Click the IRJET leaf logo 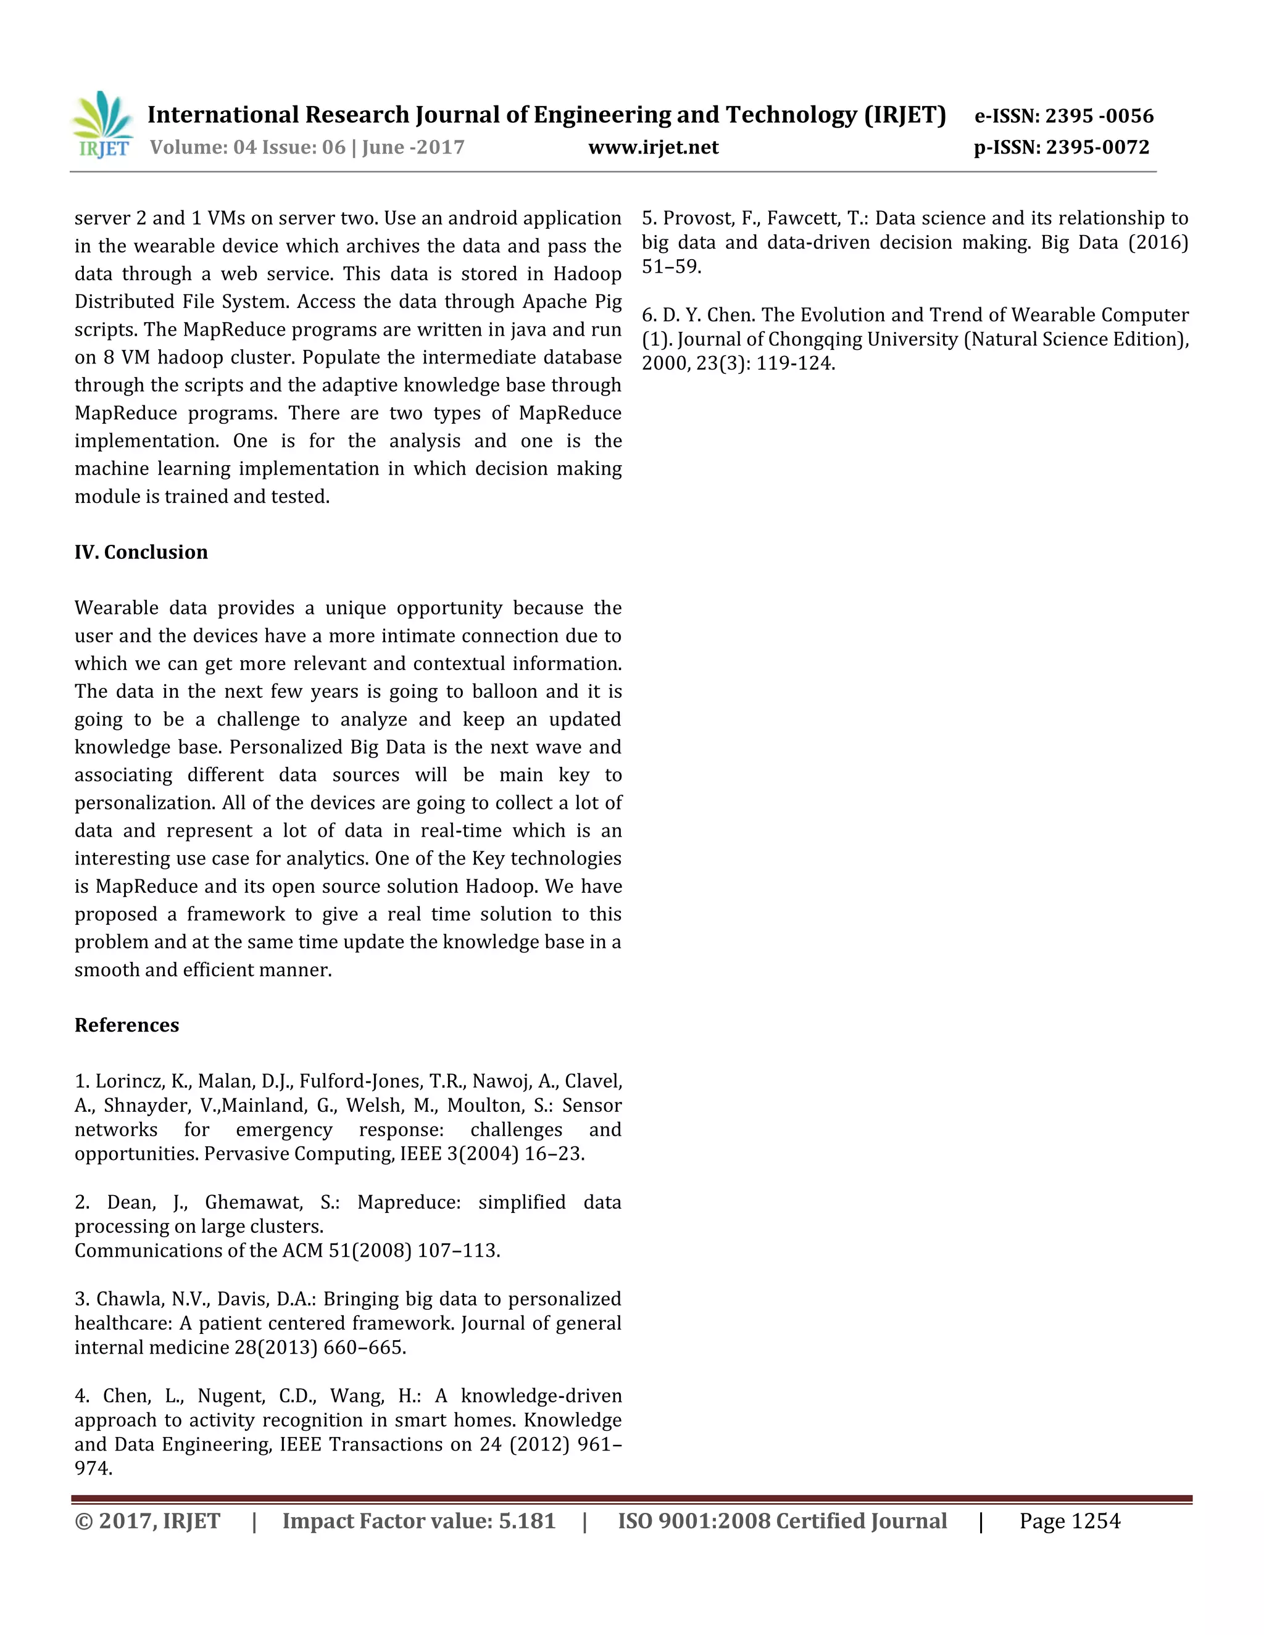coord(102,124)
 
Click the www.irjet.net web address coord(653,147)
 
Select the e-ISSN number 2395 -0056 coord(1099,116)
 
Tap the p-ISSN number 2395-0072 coord(1097,147)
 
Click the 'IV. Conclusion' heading coord(141,552)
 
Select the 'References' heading coord(127,1025)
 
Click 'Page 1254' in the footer coord(1070,1521)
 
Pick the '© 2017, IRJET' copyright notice coord(148,1521)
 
